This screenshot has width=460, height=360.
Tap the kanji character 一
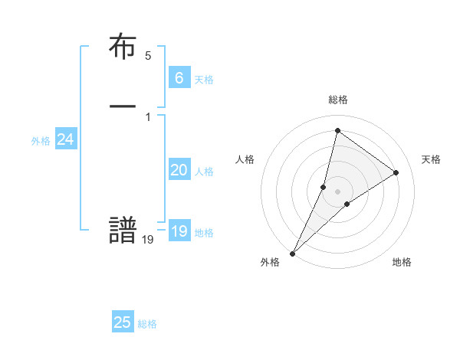point(123,106)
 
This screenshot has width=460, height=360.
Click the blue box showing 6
point(179,77)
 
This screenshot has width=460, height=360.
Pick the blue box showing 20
point(179,170)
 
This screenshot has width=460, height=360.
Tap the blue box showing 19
point(179,231)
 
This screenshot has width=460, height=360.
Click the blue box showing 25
point(123,322)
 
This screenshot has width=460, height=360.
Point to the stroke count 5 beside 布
point(148,56)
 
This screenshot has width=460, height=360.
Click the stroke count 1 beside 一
point(148,116)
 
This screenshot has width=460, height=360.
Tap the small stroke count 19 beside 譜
point(148,240)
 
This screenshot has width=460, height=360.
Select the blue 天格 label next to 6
point(204,80)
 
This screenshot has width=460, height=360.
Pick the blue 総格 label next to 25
point(147,325)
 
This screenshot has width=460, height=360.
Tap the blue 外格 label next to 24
point(41,141)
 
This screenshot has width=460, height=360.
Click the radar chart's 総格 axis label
point(337,100)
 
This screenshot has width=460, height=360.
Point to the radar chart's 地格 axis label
point(402,262)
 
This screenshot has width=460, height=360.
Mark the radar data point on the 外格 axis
point(292,254)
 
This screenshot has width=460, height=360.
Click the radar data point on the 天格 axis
point(396,172)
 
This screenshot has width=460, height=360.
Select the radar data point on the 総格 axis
point(337,130)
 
